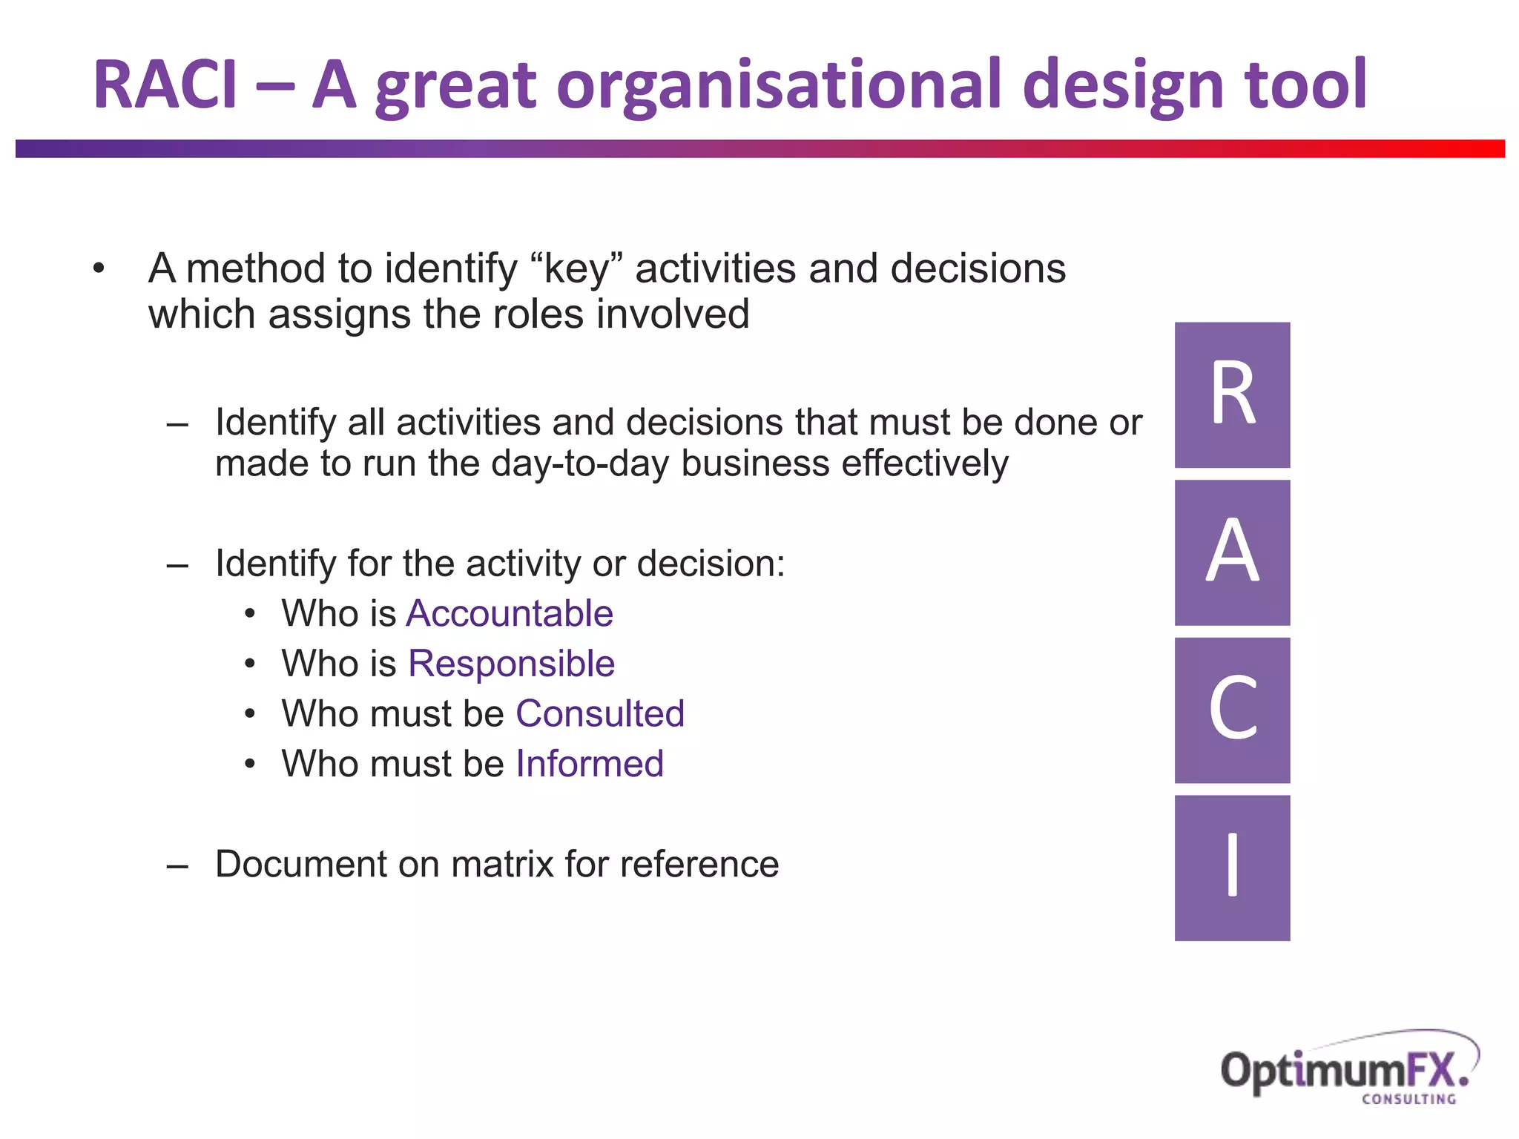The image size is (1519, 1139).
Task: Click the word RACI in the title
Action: coord(165,85)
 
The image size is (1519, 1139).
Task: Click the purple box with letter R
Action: coord(1232,394)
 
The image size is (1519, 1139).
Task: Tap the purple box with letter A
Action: coord(1232,552)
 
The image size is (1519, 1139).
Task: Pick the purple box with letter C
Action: coord(1232,710)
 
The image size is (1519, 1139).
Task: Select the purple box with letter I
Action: coord(1232,868)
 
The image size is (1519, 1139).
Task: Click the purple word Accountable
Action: coord(510,614)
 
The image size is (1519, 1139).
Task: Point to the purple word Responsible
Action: coord(511,664)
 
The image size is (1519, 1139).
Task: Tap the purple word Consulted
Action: coord(599,713)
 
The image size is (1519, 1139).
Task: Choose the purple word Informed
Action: coord(590,764)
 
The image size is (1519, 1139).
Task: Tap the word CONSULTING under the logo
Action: coord(1408,1100)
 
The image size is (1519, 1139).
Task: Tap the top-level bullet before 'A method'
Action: coord(99,269)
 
